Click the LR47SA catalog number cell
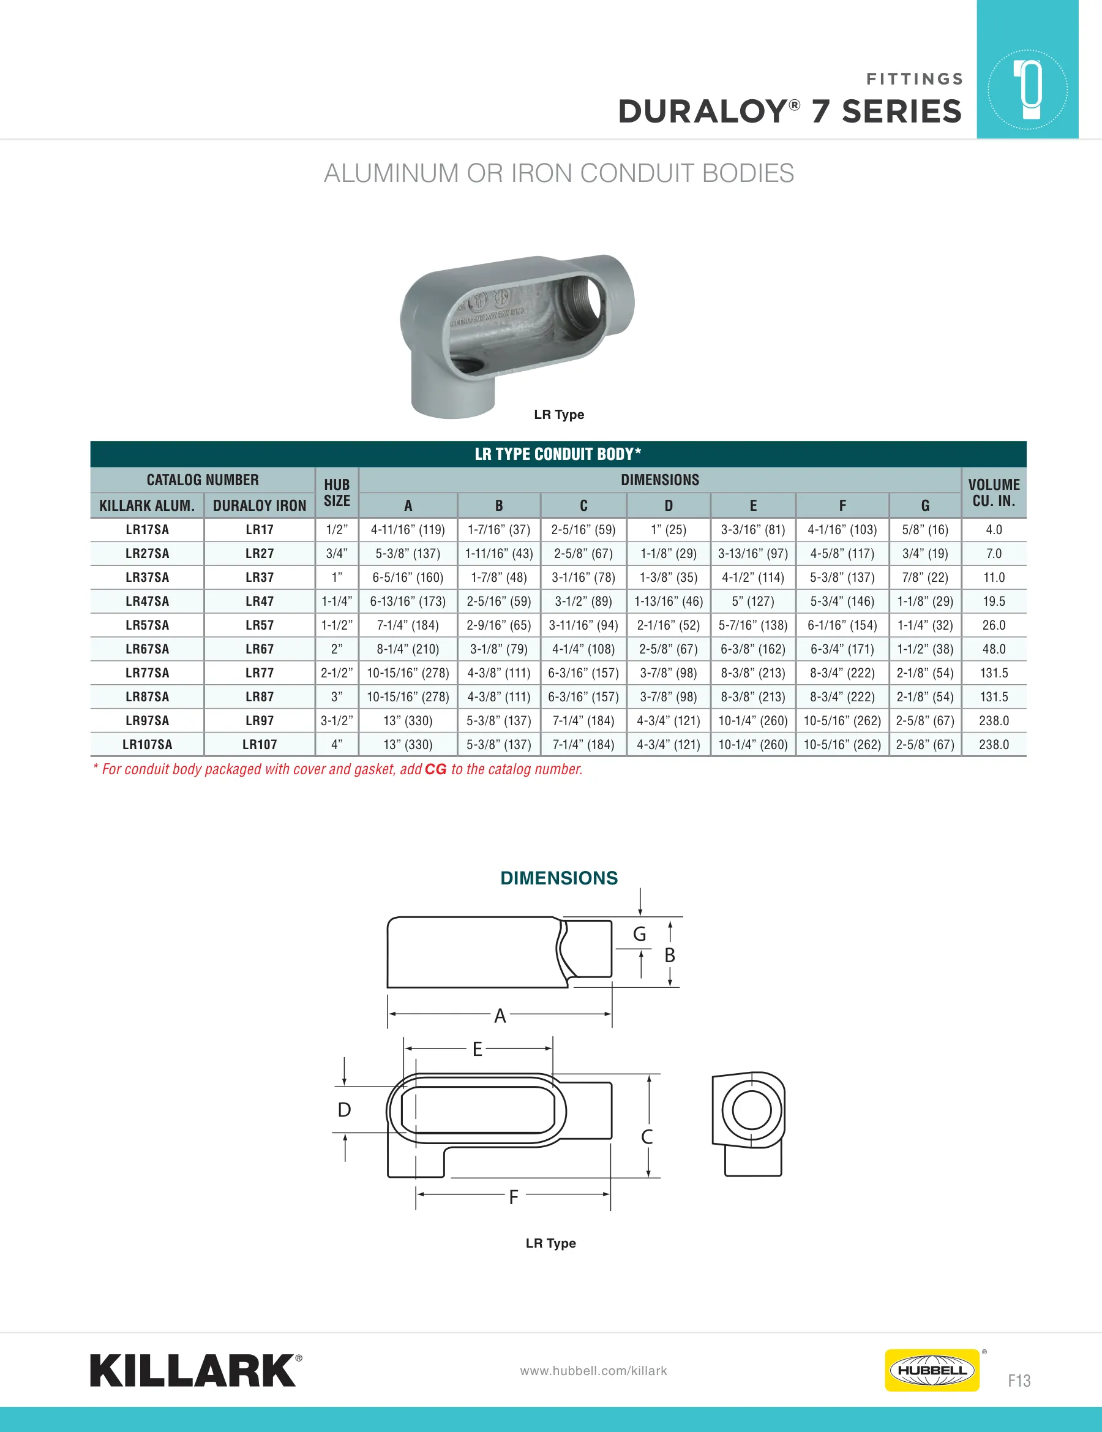148,601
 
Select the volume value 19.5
994,601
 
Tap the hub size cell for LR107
337,744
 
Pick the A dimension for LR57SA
408,625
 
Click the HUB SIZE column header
337,492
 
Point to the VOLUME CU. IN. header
994,492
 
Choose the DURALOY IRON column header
260,505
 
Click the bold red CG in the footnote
436,769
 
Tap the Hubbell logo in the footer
932,1370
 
